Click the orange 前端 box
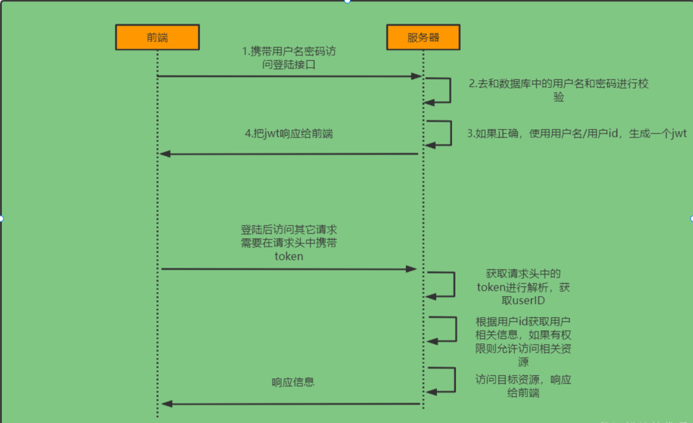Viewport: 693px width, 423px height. [157, 37]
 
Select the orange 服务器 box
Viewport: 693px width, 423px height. [423, 37]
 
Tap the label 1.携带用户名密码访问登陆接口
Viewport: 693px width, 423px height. [290, 58]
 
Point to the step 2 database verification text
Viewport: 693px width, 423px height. [559, 90]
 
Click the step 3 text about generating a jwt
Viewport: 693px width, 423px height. [577, 134]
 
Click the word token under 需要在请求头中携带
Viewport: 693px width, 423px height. [289, 257]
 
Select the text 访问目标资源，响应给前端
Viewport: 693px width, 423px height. [523, 386]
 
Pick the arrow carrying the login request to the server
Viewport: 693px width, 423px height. [290, 76]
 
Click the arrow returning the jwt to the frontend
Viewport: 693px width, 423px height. [290, 154]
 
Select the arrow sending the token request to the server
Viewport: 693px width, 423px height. [290, 268]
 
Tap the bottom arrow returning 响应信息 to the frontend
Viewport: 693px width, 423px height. [290, 403]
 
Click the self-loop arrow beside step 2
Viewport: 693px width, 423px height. [449, 90]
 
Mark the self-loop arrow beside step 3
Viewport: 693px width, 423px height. [451, 133]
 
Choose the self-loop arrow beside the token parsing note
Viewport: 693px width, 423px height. [453, 284]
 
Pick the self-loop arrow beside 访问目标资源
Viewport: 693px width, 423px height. [454, 380]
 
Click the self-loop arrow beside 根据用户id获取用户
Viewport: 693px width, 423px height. [455, 329]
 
